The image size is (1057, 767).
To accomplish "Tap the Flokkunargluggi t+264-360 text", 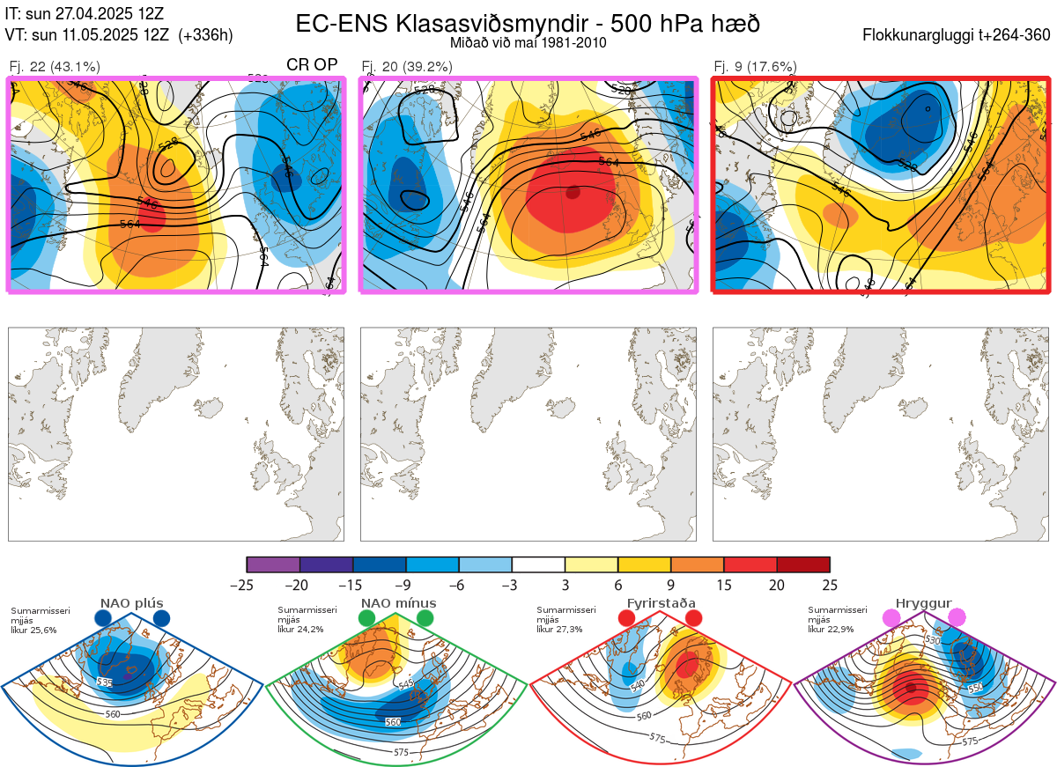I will point(959,35).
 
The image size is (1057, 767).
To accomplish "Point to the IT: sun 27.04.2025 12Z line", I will point(85,14).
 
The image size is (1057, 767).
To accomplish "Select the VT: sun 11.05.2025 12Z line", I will point(119,35).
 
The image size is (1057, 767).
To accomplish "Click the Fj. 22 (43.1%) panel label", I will point(55,66).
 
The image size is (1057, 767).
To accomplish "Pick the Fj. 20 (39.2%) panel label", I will point(407,66).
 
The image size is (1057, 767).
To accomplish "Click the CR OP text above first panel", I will point(312,65).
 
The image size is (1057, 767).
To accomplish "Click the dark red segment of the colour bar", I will point(803,564).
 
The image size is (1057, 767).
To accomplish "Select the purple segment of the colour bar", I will point(273,564).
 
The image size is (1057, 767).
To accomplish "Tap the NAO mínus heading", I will point(398,603).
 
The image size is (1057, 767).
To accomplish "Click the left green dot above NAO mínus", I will point(367,619).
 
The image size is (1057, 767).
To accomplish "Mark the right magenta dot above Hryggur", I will point(957,618).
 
